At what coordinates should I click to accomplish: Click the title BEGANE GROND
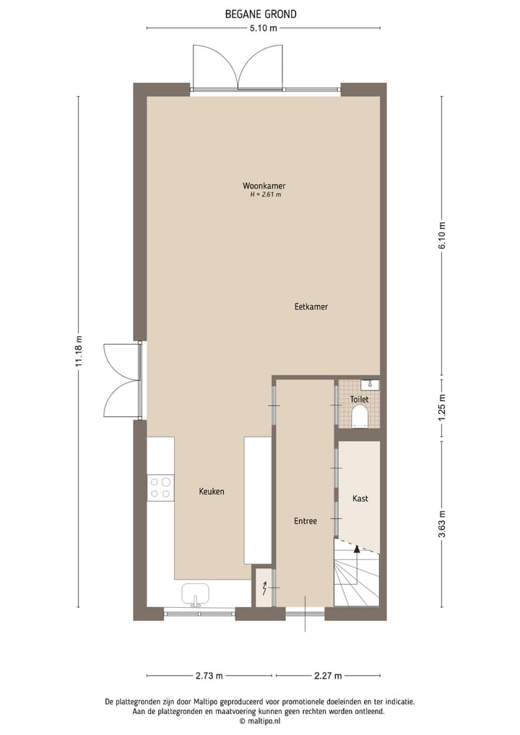(260, 14)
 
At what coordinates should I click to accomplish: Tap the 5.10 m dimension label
(264, 28)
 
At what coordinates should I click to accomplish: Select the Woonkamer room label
(264, 186)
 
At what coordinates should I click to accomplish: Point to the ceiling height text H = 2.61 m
(264, 194)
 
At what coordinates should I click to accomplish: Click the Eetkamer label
(311, 306)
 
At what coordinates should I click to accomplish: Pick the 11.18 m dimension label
(79, 353)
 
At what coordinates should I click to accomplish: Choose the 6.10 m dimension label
(442, 236)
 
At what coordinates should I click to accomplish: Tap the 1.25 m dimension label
(442, 407)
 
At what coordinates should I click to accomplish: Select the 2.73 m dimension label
(209, 676)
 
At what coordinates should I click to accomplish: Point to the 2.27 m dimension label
(327, 676)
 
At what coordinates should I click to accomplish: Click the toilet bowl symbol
(359, 416)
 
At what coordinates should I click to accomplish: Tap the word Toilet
(359, 399)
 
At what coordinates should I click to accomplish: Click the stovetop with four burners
(160, 488)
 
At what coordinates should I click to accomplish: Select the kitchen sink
(195, 594)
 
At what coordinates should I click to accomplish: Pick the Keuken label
(212, 491)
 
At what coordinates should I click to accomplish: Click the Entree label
(305, 520)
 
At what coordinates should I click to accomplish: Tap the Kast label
(360, 499)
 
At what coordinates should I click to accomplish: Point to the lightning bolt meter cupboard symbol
(264, 589)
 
